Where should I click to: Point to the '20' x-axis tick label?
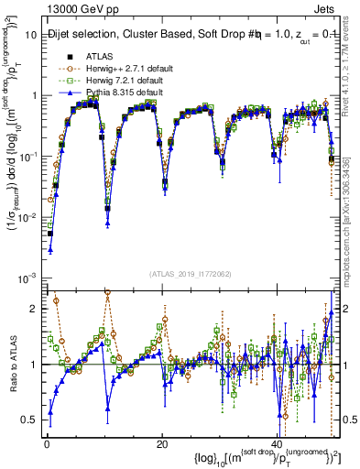click(162, 443)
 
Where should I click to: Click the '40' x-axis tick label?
click(278, 443)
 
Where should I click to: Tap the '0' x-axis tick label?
click(46, 443)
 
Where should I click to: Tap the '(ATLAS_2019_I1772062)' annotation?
click(190, 274)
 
